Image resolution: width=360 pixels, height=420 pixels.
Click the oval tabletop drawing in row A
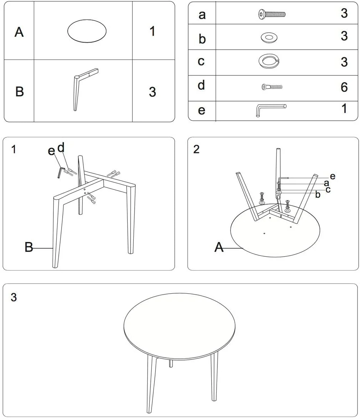tap(87, 31)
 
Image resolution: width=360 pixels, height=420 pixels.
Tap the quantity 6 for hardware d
tap(344, 87)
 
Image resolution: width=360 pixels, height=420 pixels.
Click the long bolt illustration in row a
tap(272, 14)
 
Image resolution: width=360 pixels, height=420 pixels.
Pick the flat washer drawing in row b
tap(269, 37)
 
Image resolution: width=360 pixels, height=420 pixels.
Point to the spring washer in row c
tap(269, 61)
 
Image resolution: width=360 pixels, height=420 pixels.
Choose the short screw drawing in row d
tap(272, 87)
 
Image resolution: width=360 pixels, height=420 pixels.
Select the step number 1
tap(14, 149)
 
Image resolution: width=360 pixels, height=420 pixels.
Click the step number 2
tap(196, 149)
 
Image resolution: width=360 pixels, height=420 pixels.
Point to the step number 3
tap(14, 297)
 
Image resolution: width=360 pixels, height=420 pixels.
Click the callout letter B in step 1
tap(29, 247)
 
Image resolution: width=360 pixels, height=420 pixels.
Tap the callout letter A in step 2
tap(219, 247)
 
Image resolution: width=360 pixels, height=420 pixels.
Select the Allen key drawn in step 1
tap(61, 173)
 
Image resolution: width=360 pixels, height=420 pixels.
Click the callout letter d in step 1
tap(61, 148)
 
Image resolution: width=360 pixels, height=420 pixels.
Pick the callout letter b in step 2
tap(318, 195)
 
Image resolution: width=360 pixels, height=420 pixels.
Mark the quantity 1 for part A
tap(152, 31)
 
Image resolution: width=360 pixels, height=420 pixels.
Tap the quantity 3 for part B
tap(152, 92)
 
